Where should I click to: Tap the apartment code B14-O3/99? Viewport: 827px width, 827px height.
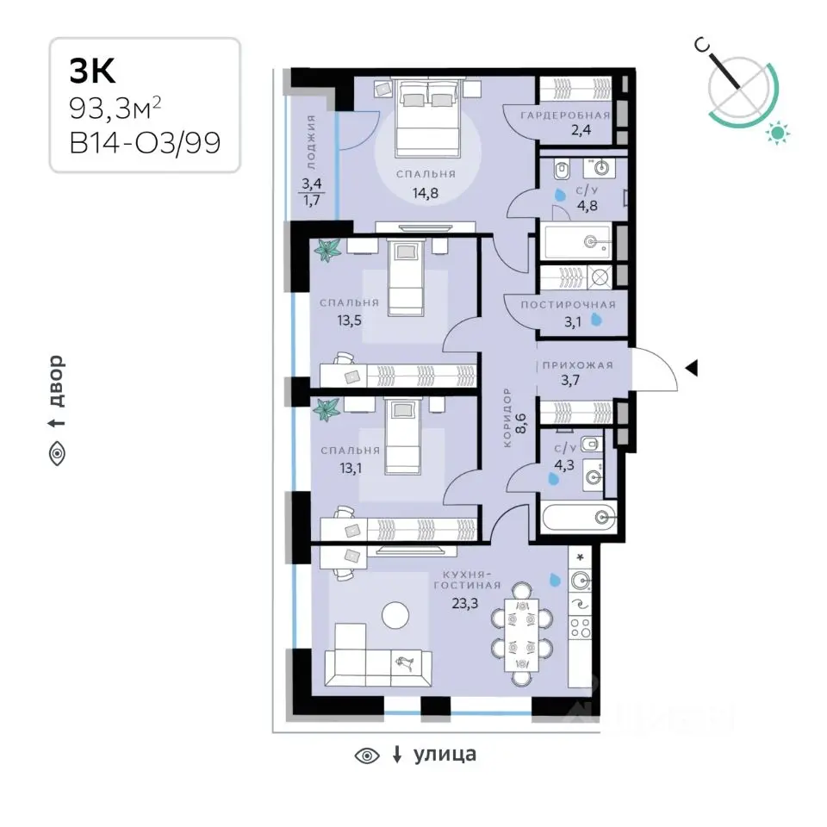click(x=145, y=142)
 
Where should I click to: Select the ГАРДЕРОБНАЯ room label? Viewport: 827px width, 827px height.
click(x=565, y=115)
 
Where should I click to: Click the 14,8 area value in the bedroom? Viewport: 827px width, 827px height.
click(x=425, y=193)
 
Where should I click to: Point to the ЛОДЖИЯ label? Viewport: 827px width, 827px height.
click(x=311, y=142)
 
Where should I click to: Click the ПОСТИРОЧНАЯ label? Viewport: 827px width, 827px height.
click(x=568, y=305)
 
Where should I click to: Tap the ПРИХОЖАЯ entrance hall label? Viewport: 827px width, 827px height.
click(x=577, y=365)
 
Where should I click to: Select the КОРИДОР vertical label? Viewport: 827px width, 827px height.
click(x=507, y=417)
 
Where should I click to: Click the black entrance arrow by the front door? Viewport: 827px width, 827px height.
click(x=692, y=368)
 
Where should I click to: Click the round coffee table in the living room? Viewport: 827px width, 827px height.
click(x=395, y=615)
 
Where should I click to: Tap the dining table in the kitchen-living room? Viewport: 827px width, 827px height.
click(x=522, y=635)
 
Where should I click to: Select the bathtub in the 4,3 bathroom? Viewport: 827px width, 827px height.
click(x=579, y=517)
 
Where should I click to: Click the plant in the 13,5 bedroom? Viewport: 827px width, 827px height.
click(x=327, y=250)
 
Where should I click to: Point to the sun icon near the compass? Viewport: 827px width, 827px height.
click(x=777, y=132)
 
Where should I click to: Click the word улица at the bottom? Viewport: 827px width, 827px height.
click(x=445, y=755)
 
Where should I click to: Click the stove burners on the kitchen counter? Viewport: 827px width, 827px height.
click(x=580, y=628)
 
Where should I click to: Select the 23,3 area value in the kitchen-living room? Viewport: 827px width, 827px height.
click(x=464, y=603)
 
